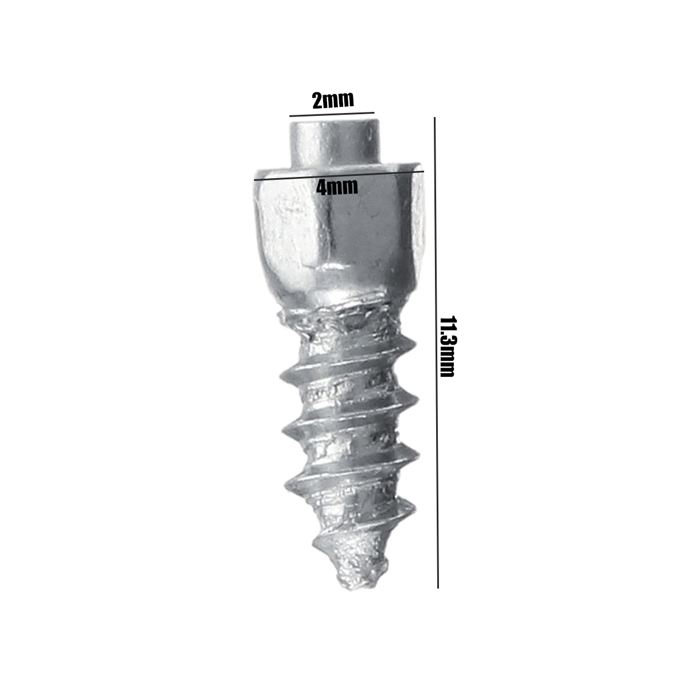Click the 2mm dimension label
(x=333, y=100)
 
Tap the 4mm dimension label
(x=337, y=187)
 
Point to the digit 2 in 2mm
(x=317, y=100)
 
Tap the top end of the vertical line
(x=434, y=118)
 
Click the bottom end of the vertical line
(x=438, y=587)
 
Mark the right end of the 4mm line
(x=424, y=171)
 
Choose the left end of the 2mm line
(x=289, y=116)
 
